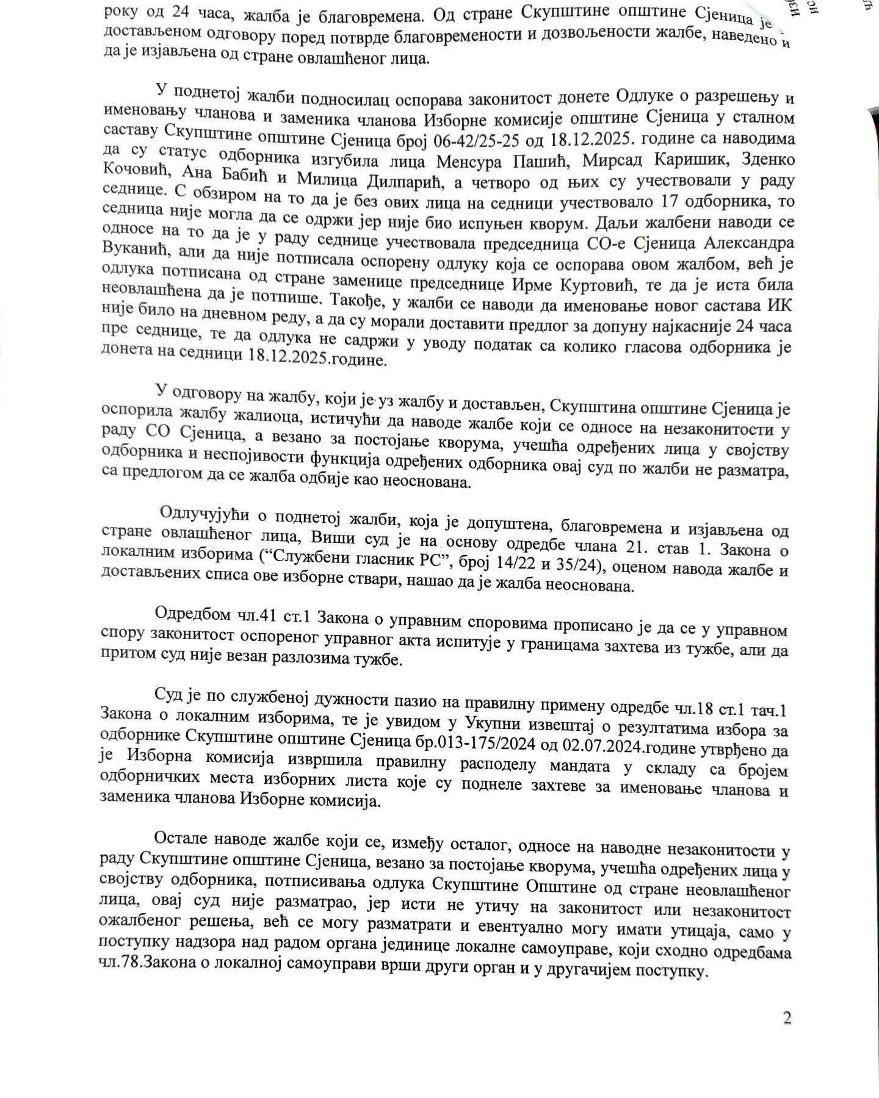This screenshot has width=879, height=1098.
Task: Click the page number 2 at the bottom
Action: point(787,1018)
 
